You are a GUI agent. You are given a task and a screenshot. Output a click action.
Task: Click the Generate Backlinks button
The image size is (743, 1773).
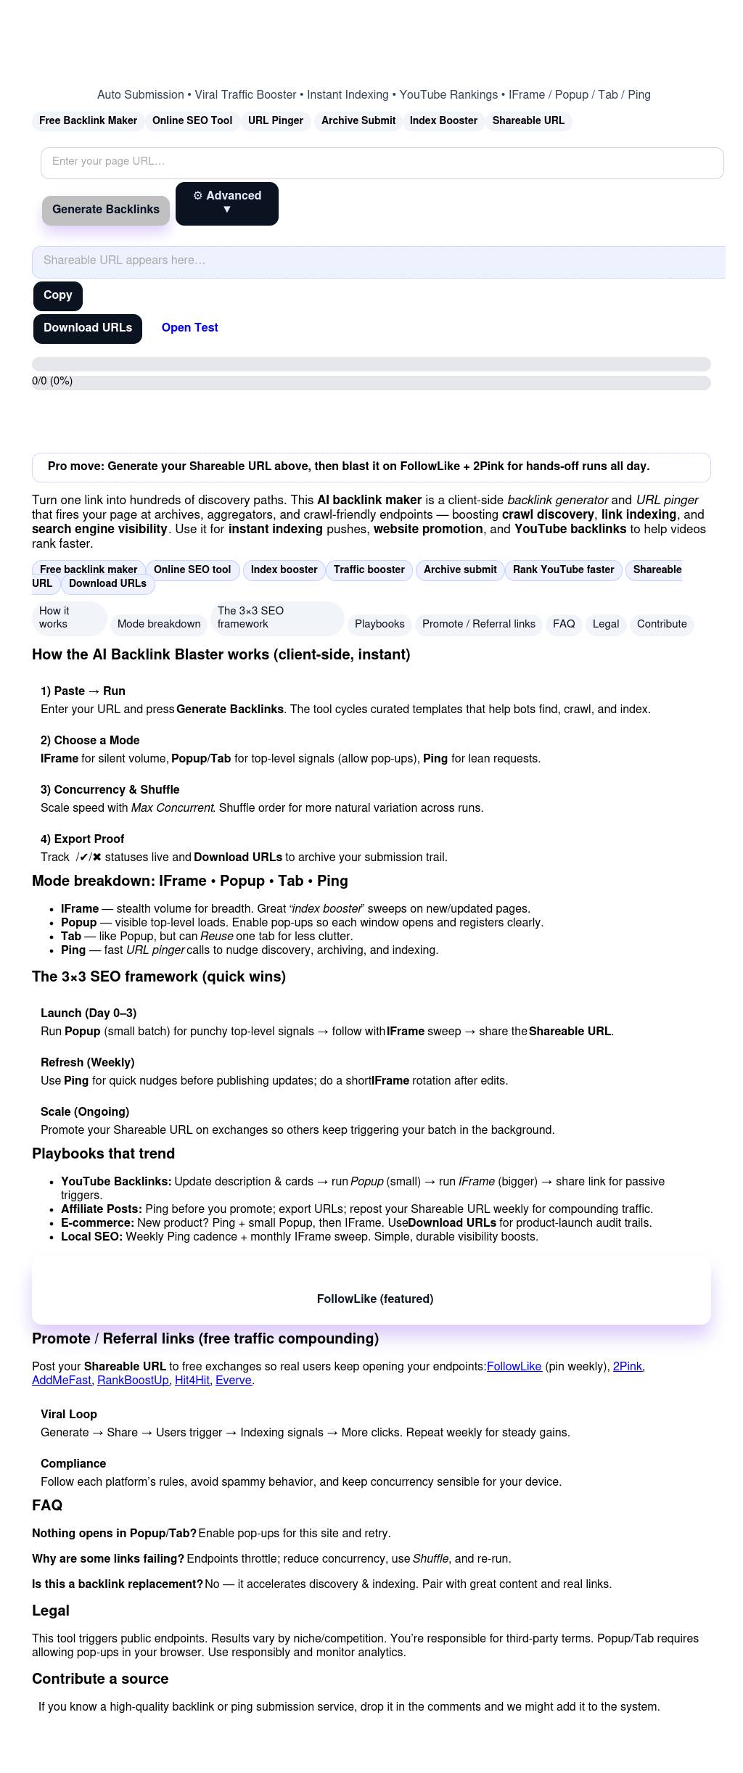tap(106, 210)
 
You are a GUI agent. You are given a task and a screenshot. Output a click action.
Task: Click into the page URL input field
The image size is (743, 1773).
tap(382, 163)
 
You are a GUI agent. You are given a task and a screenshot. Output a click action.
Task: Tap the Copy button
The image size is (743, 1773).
tap(58, 296)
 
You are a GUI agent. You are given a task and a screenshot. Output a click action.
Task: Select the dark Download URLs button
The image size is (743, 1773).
tap(88, 328)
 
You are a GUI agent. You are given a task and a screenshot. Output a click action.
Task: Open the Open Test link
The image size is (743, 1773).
tap(189, 328)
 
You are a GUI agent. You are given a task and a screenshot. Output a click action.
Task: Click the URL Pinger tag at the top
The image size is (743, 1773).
tap(276, 121)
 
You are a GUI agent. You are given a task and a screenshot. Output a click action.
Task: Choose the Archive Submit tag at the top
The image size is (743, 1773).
tap(358, 121)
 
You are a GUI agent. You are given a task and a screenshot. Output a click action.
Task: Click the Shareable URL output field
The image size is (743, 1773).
tap(377, 261)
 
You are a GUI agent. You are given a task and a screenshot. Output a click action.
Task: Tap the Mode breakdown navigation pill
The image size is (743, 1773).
tap(159, 624)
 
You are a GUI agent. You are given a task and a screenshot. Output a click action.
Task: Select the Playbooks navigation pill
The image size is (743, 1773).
tap(379, 624)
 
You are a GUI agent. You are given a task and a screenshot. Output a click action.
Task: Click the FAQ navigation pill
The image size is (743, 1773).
tap(564, 624)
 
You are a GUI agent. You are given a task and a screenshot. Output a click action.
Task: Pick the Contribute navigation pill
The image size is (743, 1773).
tap(662, 624)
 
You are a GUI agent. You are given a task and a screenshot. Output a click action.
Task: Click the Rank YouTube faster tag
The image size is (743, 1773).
tap(563, 570)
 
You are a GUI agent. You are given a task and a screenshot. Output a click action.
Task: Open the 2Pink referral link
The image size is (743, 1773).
tap(627, 1367)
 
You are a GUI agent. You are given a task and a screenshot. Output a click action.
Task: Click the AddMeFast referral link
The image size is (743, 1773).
tap(62, 1381)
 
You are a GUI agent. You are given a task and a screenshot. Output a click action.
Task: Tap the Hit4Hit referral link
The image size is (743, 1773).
tap(192, 1381)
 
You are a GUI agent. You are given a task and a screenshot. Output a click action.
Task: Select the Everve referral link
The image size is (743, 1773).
tap(234, 1381)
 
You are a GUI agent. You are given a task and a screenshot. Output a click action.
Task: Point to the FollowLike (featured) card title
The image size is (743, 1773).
tap(375, 1299)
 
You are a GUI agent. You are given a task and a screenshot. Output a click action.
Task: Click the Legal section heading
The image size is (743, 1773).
tap(51, 1611)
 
